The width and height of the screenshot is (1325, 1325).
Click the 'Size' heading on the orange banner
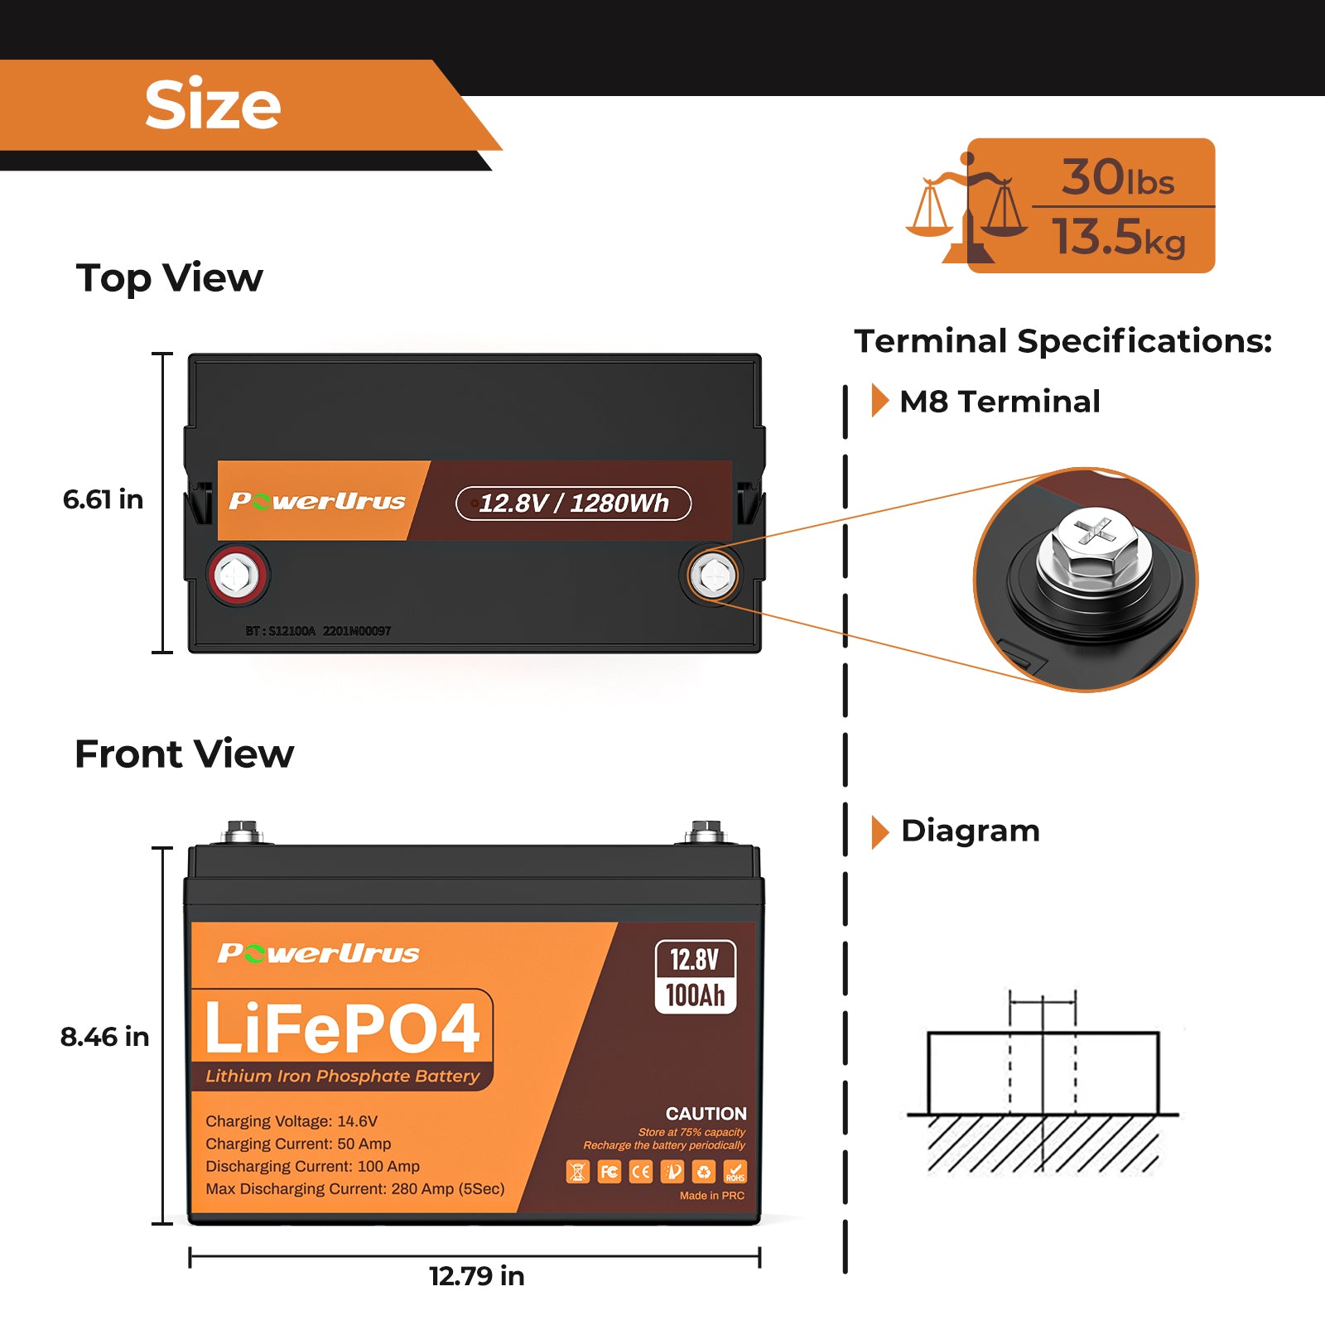click(213, 105)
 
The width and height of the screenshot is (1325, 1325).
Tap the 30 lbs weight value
click(1117, 177)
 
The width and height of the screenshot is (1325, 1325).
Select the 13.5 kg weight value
click(1118, 237)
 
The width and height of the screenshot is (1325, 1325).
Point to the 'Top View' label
click(169, 277)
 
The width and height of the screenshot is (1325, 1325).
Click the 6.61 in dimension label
click(103, 499)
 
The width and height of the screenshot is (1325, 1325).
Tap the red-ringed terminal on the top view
click(238, 574)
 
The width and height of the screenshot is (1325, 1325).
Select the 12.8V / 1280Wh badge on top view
click(573, 503)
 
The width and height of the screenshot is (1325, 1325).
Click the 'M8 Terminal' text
click(1000, 402)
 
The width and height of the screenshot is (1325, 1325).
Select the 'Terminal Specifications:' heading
click(1062, 340)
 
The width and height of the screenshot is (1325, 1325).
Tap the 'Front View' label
click(184, 754)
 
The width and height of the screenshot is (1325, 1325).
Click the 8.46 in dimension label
click(104, 1037)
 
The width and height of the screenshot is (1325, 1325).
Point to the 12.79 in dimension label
click(476, 1276)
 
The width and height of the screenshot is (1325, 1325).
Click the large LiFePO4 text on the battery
click(342, 1028)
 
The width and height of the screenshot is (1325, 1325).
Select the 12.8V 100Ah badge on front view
click(695, 977)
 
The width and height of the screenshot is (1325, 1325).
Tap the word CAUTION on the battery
click(706, 1114)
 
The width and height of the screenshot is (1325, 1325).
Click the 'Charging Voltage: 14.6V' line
click(291, 1121)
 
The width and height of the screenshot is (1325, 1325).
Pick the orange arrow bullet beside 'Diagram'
click(879, 831)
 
